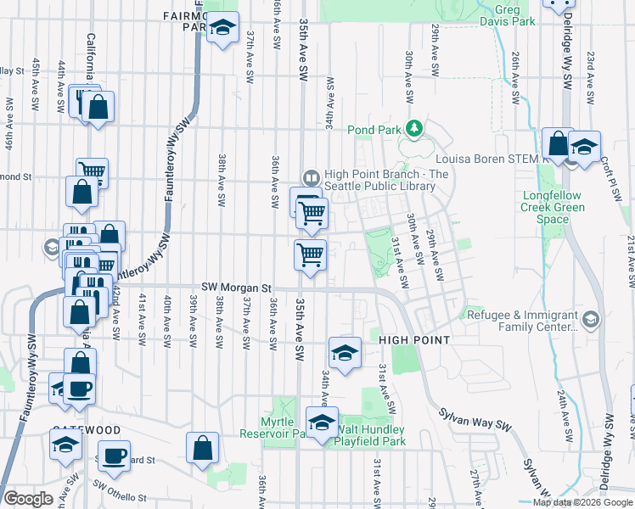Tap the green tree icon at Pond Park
coord(414,128)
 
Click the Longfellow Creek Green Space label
coord(553,206)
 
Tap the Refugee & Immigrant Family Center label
coord(521,319)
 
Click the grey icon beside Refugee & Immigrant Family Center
coord(591,319)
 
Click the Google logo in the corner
coord(28,499)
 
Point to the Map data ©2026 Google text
coord(582,502)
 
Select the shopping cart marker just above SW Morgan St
coord(311,254)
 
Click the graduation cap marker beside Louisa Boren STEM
coord(584,145)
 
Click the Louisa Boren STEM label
coord(487,158)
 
